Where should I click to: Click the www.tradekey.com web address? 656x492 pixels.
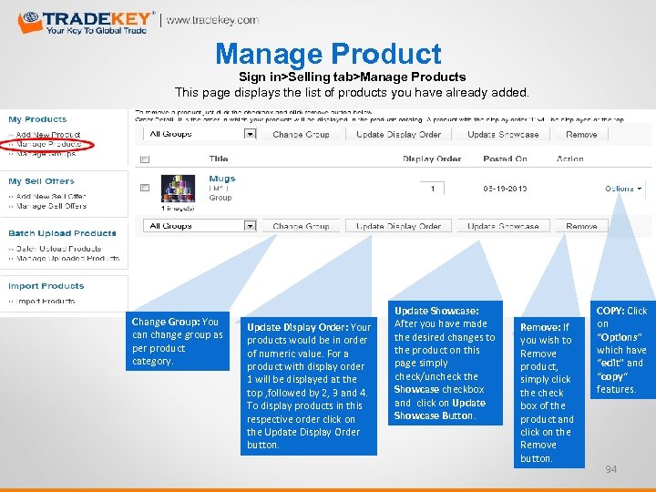(x=211, y=20)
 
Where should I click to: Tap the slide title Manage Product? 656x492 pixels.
(x=328, y=55)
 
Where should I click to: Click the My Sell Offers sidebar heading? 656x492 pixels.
(x=41, y=181)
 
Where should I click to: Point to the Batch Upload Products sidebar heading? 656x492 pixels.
(x=62, y=233)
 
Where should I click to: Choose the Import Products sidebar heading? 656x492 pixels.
(x=46, y=286)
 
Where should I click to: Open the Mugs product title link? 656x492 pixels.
(x=221, y=179)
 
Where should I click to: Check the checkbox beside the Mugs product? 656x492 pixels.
(x=144, y=189)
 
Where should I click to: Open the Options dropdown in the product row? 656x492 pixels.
(x=622, y=189)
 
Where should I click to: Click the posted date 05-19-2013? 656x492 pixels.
(x=506, y=189)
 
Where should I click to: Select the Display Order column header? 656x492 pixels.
(x=432, y=159)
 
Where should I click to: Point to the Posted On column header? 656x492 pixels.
(x=506, y=159)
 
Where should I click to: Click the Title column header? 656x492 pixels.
(x=219, y=159)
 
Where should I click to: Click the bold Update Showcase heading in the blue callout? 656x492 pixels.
(x=436, y=311)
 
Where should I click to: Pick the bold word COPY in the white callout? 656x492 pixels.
(x=610, y=311)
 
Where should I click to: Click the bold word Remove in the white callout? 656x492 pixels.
(x=539, y=327)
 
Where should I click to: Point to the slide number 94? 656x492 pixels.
(x=610, y=469)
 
